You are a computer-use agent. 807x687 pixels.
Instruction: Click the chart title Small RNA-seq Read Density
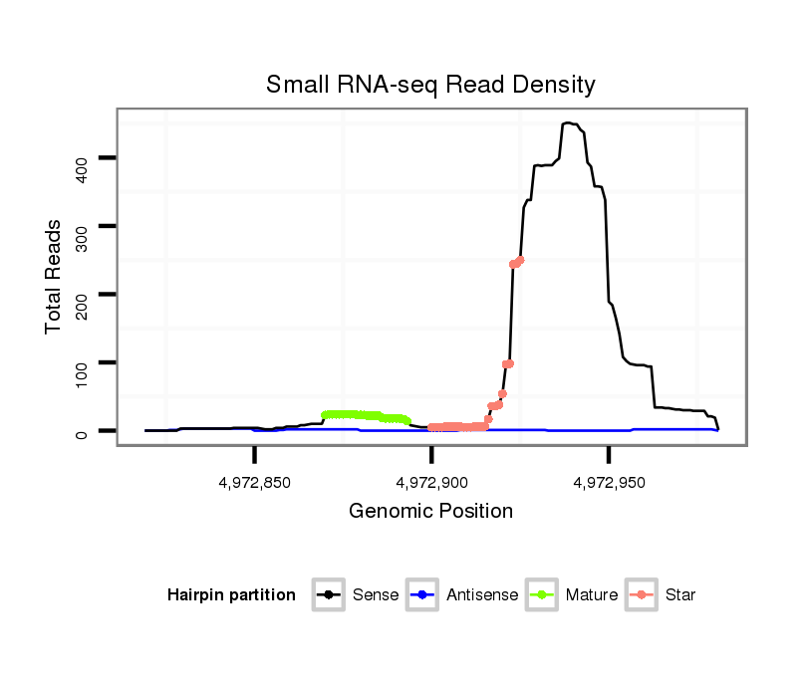(x=430, y=85)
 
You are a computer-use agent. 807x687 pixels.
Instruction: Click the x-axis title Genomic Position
(x=430, y=512)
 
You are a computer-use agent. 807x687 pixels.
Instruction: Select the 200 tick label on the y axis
(x=83, y=295)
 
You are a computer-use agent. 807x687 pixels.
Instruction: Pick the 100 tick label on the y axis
(x=83, y=362)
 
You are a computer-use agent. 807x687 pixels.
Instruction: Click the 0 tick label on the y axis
(x=83, y=431)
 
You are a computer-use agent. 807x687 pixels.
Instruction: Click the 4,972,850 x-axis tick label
(x=254, y=483)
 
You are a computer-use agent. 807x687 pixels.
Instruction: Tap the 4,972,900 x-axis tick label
(x=431, y=483)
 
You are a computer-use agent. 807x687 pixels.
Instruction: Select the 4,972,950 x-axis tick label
(x=609, y=483)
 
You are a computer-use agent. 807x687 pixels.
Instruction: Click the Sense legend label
(x=376, y=595)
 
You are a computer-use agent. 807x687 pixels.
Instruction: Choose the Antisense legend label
(x=482, y=595)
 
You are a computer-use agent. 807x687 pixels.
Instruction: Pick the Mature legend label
(x=592, y=595)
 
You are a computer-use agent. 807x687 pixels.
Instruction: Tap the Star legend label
(x=681, y=595)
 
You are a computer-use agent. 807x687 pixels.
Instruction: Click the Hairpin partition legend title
(x=231, y=595)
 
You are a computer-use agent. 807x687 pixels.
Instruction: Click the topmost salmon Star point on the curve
(x=520, y=260)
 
